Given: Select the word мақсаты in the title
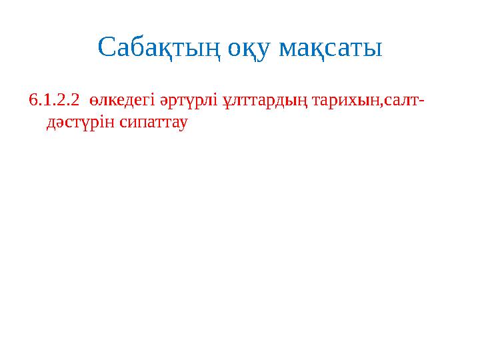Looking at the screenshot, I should click(331, 48).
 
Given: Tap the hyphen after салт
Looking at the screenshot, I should click(424, 102).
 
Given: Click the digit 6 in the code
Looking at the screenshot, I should click(33, 101).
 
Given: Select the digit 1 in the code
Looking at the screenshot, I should click(45, 101).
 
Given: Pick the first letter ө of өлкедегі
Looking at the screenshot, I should click(96, 101).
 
